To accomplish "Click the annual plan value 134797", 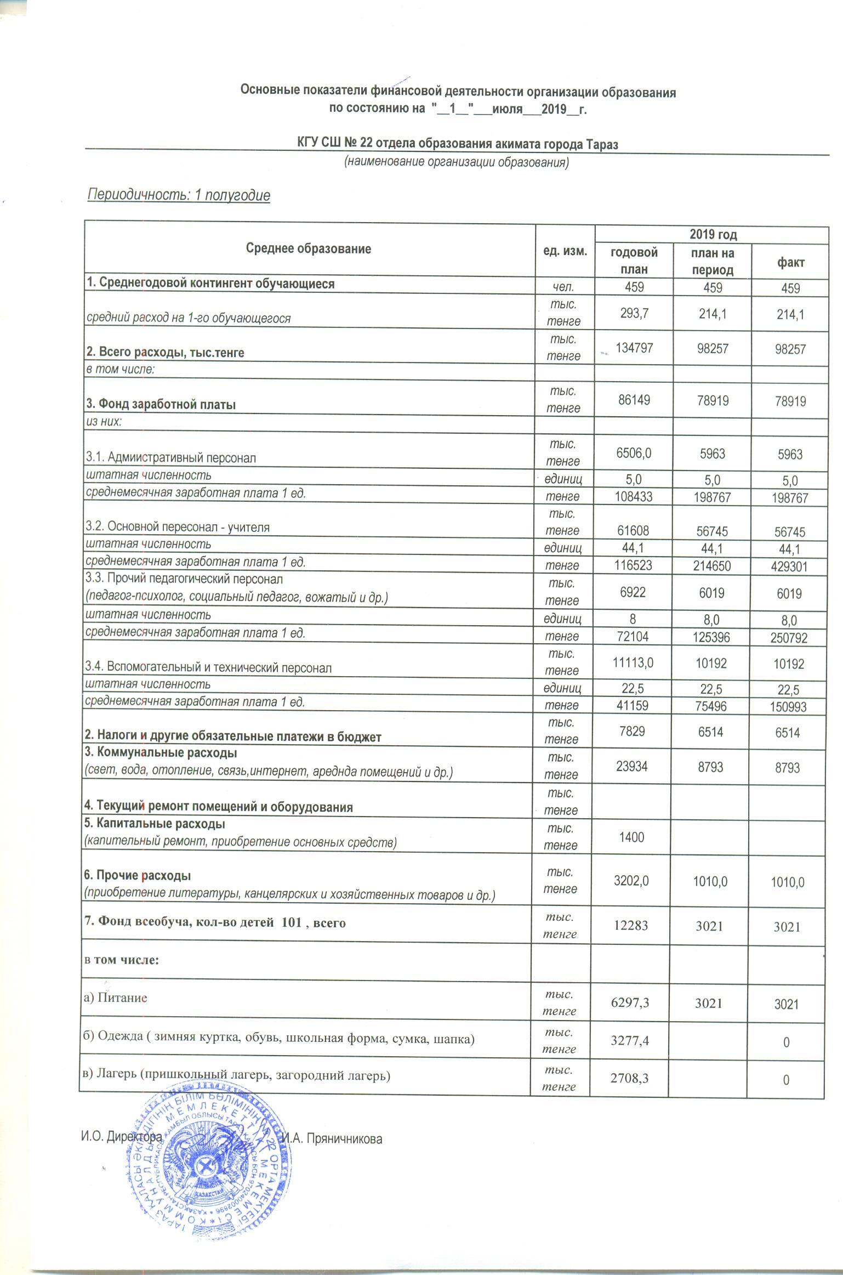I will point(634,348).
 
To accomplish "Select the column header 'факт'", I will point(789,262).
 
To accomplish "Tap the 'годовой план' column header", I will point(634,261).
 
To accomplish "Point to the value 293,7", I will point(634,314).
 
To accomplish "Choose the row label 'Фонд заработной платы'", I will point(161,405).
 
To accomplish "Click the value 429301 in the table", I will point(789,565).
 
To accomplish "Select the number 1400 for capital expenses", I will point(631,837).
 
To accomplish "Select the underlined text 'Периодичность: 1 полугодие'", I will point(179,196).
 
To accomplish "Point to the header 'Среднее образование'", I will point(309,249).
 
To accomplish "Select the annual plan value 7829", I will point(633,733).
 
